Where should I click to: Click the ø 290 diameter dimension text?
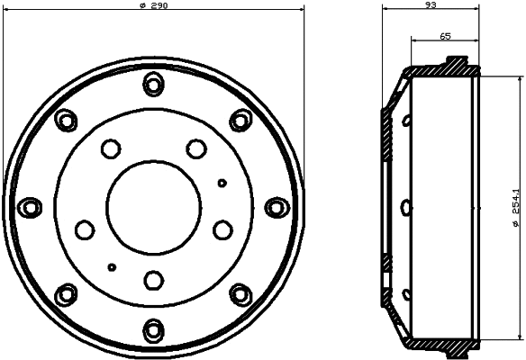154,5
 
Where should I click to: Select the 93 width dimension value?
430,5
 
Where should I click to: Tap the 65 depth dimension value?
445,36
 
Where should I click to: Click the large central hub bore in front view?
152,206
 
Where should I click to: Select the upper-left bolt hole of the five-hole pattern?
111,147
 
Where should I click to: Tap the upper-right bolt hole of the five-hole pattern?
195,147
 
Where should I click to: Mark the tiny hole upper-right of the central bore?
222,183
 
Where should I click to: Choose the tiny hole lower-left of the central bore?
112,266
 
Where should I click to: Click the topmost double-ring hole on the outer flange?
152,86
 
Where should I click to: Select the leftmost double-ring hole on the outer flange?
32,206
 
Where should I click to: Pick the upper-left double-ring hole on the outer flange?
67,120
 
